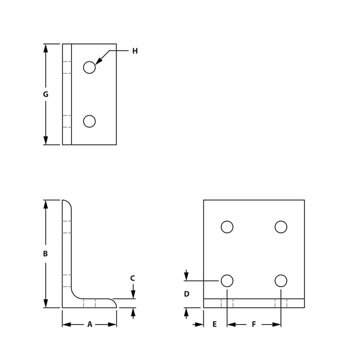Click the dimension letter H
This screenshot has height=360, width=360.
pos(135,51)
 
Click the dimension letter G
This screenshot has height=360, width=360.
pos(45,94)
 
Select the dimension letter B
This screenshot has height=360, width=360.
pos(45,254)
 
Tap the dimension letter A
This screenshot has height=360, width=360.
pos(90,324)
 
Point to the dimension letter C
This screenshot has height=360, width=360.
pos(133,279)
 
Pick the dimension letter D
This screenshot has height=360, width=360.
pos(187,294)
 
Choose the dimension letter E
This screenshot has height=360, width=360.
pos(215,324)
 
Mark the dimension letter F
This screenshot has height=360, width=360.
pos(254,324)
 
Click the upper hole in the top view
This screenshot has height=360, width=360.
pos(90,67)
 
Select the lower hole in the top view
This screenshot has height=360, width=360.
pos(90,121)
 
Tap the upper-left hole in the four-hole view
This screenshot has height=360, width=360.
pos(227,227)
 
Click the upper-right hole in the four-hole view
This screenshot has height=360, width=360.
pos(281,227)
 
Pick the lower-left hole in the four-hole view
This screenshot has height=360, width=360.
pos(227,281)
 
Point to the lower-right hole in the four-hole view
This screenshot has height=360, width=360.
pos(281,281)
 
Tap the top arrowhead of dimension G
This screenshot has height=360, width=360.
pos(45,48)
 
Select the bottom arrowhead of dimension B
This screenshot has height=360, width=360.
pos(45,304)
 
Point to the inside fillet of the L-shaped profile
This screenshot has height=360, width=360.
pos(75,295)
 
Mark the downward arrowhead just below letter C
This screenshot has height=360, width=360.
pos(133,295)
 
